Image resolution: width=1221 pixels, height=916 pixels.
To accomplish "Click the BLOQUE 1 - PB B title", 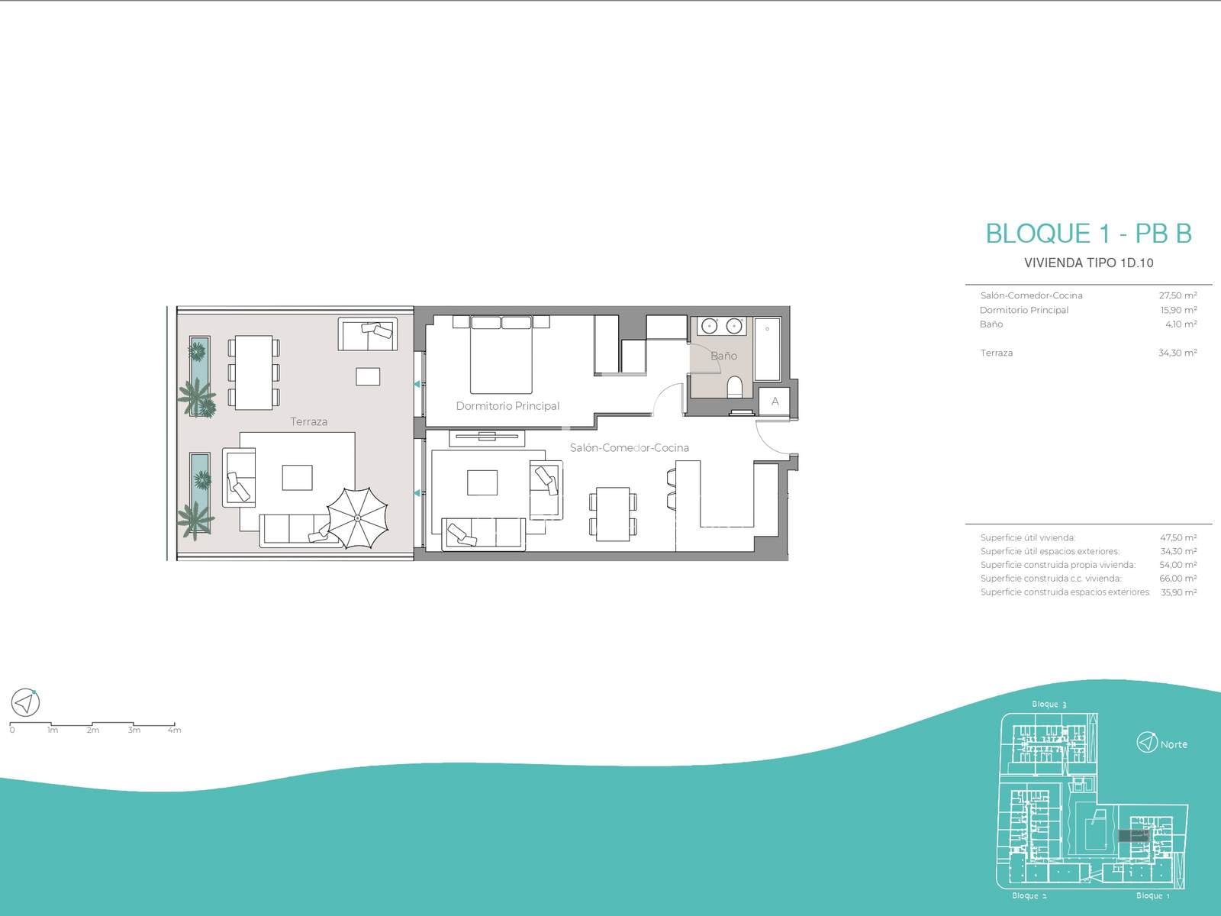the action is [x=1089, y=234].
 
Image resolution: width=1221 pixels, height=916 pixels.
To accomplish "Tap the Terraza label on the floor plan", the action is [x=309, y=421].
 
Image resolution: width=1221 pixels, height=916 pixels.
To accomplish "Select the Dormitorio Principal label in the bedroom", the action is [x=507, y=406].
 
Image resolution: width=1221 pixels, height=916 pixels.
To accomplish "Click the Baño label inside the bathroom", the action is [x=723, y=356].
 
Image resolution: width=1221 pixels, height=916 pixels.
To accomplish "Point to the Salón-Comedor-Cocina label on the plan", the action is [x=629, y=448].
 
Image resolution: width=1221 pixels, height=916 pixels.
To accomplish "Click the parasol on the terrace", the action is [x=357, y=518].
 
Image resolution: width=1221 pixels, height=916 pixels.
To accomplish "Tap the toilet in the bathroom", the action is [x=735, y=387].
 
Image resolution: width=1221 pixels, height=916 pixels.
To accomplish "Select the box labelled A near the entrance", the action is [x=775, y=402].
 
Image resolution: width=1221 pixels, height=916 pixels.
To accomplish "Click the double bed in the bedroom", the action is [x=501, y=355].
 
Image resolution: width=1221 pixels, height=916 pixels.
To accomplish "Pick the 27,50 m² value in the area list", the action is [x=1178, y=295].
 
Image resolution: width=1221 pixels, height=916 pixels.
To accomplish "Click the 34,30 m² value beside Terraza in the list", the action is [x=1178, y=353].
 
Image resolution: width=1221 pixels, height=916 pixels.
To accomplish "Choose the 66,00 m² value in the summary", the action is [x=1178, y=579].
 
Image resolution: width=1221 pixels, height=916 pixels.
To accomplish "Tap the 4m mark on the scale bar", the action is [x=174, y=731].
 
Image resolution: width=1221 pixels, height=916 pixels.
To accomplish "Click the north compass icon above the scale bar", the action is [x=25, y=702].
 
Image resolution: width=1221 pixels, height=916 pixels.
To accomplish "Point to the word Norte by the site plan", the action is [x=1174, y=744].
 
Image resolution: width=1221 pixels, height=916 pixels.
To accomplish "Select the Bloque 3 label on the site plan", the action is [x=1049, y=704].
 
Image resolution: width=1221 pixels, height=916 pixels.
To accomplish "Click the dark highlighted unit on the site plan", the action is [x=1133, y=835].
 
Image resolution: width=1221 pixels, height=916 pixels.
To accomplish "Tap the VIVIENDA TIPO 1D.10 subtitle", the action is [x=1089, y=263].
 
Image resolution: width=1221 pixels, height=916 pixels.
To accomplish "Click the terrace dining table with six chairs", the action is [x=253, y=372].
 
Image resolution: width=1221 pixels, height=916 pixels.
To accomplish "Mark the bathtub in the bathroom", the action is [x=768, y=349].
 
